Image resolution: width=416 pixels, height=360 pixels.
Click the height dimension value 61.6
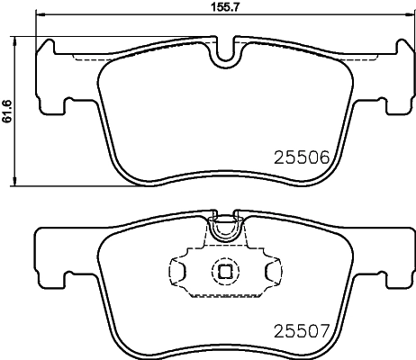pos(6,110)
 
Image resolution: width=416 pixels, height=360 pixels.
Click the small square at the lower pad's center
pos(223,271)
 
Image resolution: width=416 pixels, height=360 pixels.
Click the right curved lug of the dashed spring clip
pos(271,271)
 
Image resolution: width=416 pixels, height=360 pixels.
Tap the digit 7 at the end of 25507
pos(329,329)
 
